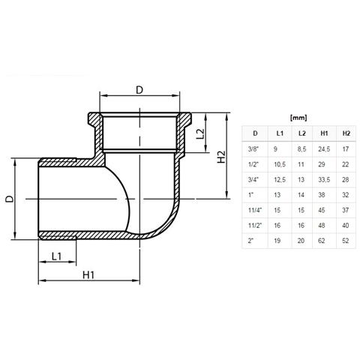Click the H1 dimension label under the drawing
coord(88,275)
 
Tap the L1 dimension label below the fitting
coord(56,256)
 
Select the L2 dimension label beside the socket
coord(200,133)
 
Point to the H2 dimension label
coord(221,157)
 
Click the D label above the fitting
coord(139,90)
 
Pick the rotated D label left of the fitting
coord(10,199)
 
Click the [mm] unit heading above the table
coord(298,118)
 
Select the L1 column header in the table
coord(280,133)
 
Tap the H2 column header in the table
coord(346,133)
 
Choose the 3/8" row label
coord(253,149)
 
